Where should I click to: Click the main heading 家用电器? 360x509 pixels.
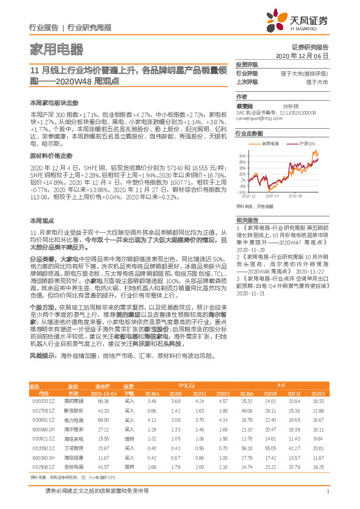tap(56, 49)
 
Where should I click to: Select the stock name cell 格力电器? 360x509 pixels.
tap(73, 419)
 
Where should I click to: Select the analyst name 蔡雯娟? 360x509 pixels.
tap(245, 105)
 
